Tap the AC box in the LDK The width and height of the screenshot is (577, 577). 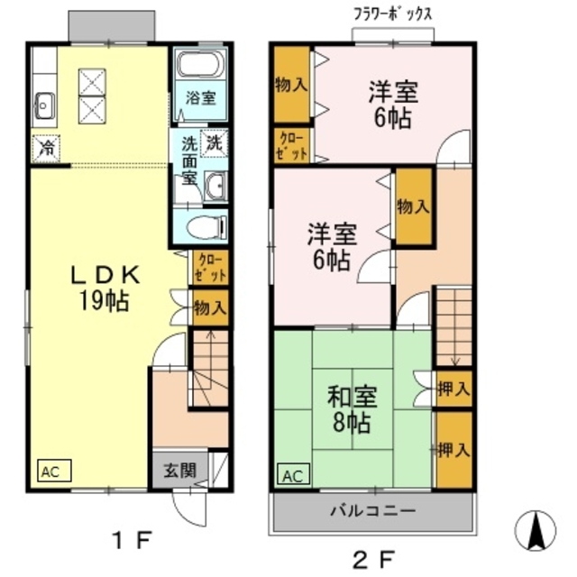51,472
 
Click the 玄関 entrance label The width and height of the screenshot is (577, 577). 179,471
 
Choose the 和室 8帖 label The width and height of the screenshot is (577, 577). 352,408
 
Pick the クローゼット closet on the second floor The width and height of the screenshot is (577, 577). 291,145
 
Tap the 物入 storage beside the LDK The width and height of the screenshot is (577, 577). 210,307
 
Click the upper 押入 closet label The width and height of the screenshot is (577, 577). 453,389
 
